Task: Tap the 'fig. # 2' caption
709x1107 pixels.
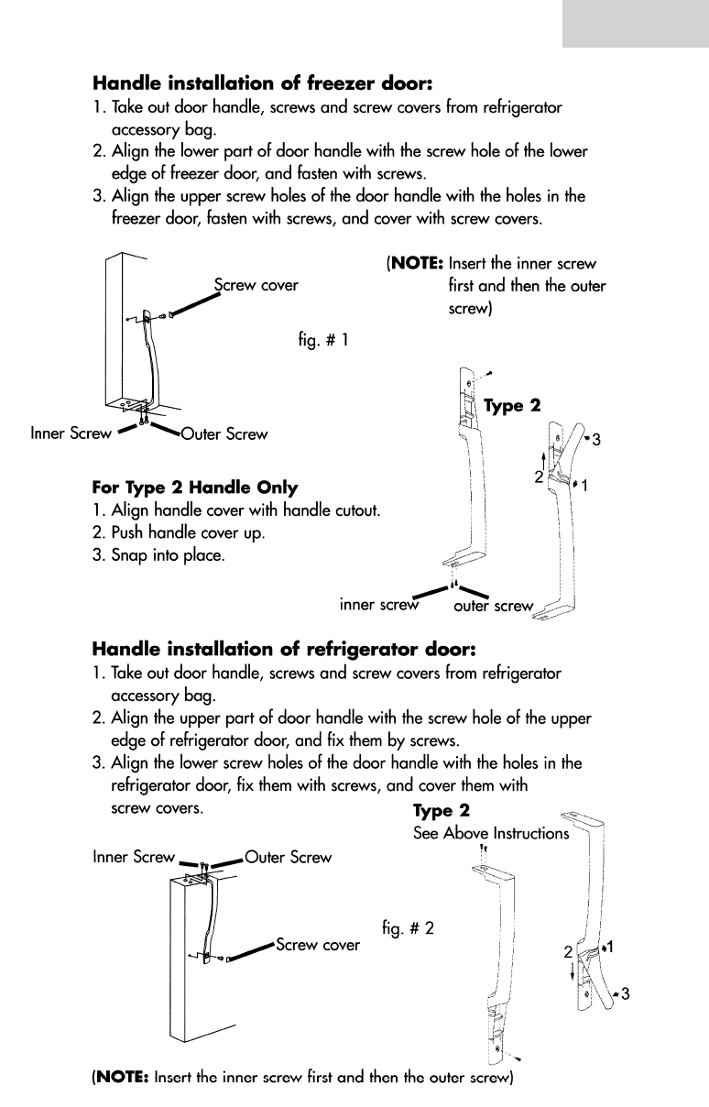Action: pyautogui.click(x=408, y=926)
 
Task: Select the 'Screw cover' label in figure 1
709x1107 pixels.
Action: pyautogui.click(x=256, y=285)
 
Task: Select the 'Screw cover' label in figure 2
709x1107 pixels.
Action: pyautogui.click(x=317, y=945)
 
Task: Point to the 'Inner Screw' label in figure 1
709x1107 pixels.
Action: pyautogui.click(x=71, y=433)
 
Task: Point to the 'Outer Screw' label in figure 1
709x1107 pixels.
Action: pyautogui.click(x=224, y=433)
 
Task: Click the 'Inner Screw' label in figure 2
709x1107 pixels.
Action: pyautogui.click(x=134, y=857)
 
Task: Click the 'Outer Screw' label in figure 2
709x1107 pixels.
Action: pyautogui.click(x=289, y=857)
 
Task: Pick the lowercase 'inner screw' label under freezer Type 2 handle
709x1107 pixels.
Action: pyautogui.click(x=378, y=604)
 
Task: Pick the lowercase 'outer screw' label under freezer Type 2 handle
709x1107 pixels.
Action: pyautogui.click(x=493, y=606)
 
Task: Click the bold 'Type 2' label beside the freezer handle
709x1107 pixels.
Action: pyautogui.click(x=512, y=405)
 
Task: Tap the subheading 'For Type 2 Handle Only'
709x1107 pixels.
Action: pyautogui.click(x=195, y=487)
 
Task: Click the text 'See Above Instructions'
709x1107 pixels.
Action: pyautogui.click(x=491, y=834)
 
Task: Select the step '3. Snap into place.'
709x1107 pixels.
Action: pyautogui.click(x=158, y=555)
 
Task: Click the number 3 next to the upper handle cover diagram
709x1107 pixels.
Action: pyautogui.click(x=596, y=440)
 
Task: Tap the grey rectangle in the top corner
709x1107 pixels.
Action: pyautogui.click(x=635, y=23)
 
